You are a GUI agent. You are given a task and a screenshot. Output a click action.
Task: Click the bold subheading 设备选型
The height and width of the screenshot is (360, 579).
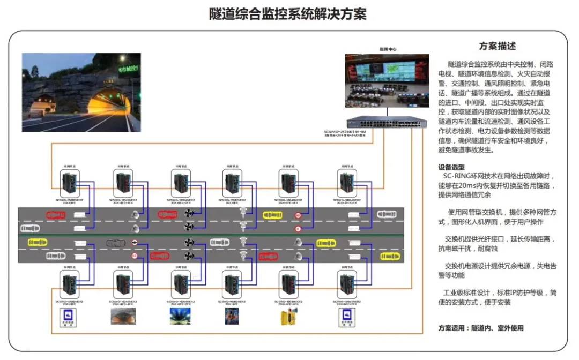(x=451, y=167)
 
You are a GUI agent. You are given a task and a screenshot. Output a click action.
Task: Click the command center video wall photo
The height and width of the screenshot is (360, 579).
(x=387, y=81)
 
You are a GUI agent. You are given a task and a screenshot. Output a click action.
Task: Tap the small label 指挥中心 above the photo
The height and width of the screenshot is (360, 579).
(x=388, y=49)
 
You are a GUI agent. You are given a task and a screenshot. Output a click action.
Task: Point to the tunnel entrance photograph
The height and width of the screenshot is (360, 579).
(x=81, y=92)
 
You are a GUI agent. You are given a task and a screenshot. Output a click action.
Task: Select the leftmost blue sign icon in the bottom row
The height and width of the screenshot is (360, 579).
(x=68, y=317)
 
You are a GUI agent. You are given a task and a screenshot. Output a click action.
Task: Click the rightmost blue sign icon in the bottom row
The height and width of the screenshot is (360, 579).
(x=346, y=317)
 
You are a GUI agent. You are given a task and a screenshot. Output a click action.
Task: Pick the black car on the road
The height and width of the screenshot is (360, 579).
(x=118, y=243)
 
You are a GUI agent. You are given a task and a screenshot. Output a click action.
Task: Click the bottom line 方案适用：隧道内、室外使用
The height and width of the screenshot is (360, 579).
(x=481, y=328)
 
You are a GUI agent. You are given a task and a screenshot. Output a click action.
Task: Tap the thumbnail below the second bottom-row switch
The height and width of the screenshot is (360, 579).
(x=123, y=317)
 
